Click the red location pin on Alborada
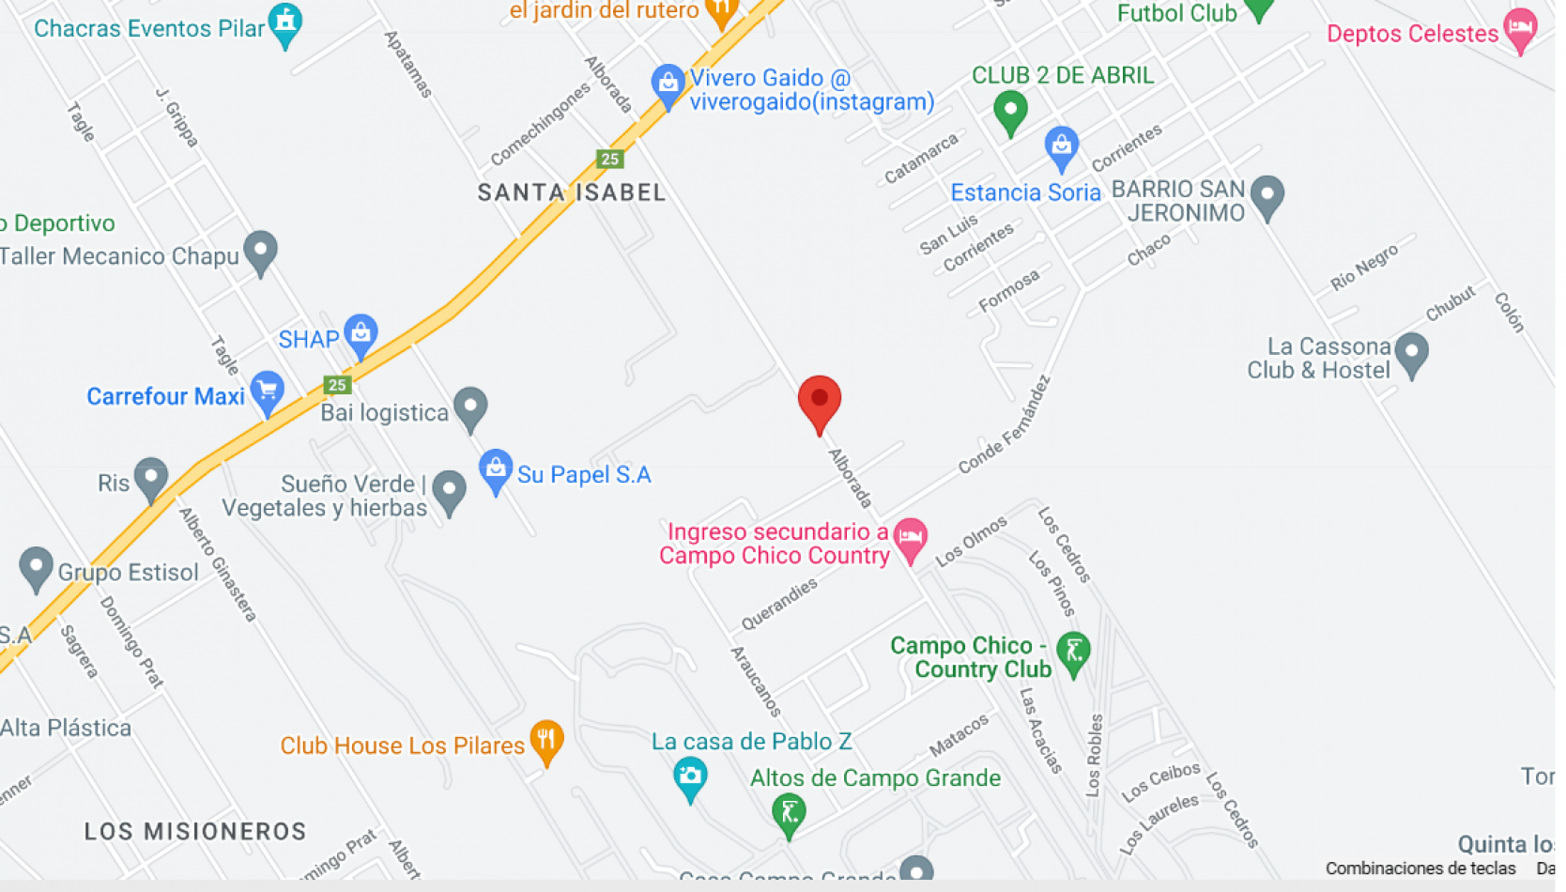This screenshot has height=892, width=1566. [819, 401]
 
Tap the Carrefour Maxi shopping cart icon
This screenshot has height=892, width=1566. [268, 392]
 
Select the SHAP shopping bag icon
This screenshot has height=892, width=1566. [361, 333]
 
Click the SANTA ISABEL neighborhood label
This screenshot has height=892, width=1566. [572, 192]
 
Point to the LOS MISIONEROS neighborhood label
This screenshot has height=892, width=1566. [195, 831]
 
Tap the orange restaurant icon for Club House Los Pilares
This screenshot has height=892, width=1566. [545, 740]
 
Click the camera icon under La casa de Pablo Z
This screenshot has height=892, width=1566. [690, 777]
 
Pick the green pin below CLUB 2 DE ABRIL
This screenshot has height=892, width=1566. [1010, 110]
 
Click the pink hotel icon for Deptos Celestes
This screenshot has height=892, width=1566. [1520, 28]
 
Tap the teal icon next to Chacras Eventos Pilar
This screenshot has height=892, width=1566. [284, 22]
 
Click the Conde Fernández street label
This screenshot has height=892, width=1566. [1004, 425]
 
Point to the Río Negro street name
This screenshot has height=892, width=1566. [1364, 267]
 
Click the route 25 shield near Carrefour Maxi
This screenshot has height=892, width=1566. [337, 384]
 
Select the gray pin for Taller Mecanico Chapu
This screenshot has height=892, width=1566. [260, 251]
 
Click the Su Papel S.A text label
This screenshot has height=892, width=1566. [584, 475]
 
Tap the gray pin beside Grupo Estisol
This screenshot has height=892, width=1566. [36, 567]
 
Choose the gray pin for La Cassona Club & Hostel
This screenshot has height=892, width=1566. [1411, 353]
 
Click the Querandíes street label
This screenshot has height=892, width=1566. [779, 604]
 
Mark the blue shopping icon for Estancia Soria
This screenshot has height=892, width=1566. [1061, 146]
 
